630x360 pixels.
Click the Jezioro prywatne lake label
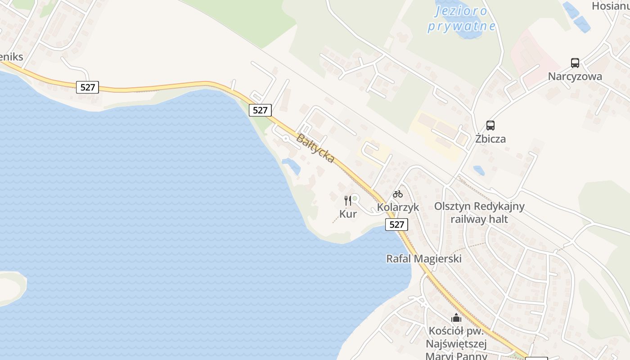point(461,18)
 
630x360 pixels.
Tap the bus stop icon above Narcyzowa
point(575,63)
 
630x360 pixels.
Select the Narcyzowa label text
point(575,76)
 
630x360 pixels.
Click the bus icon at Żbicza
point(490,126)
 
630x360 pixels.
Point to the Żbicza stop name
point(490,139)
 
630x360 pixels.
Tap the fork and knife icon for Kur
point(347,201)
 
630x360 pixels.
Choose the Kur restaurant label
point(348,214)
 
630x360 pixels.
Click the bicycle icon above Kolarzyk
point(398,194)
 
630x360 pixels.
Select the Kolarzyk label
point(398,207)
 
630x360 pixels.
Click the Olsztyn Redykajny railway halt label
point(479,213)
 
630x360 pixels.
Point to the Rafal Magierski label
point(424,259)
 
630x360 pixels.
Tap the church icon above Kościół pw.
point(456,318)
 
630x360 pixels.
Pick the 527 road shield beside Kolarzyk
point(396,224)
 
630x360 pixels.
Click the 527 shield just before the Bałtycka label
point(260,110)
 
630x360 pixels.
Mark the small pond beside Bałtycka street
point(292,166)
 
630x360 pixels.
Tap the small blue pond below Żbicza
point(479,170)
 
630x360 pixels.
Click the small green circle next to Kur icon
point(355,198)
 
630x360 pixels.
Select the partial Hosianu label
point(610,6)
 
